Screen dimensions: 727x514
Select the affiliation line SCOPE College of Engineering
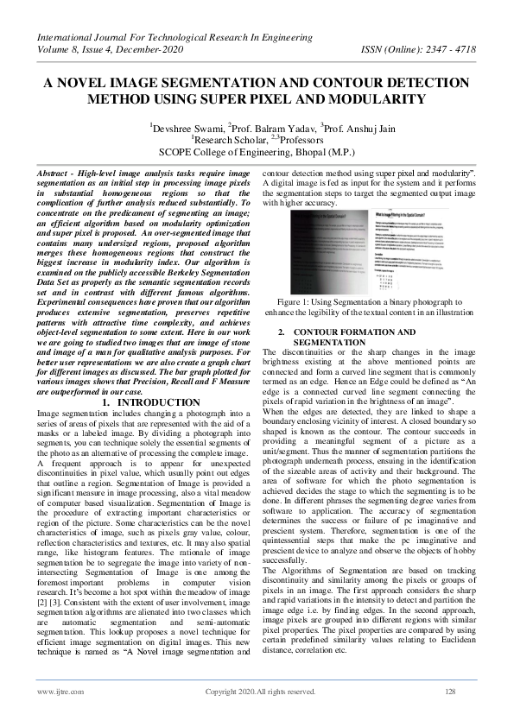point(257,150)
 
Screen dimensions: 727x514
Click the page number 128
point(449,692)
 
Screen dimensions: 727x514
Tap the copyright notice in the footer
point(259,692)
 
